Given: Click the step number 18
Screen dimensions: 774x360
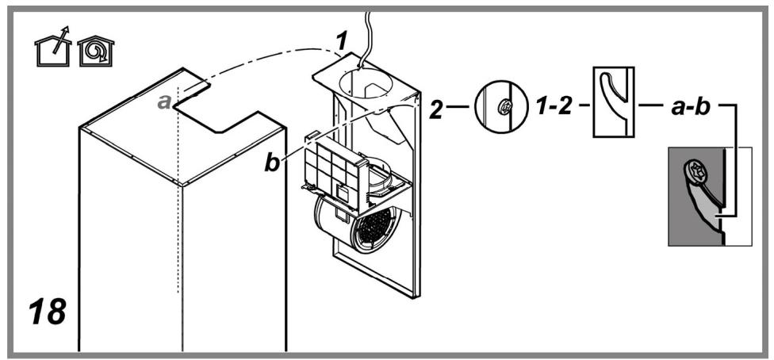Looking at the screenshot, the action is tap(48, 312).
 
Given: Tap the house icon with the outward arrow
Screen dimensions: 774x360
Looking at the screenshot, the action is tap(53, 48).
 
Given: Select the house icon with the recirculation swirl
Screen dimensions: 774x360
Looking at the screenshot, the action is tap(96, 52).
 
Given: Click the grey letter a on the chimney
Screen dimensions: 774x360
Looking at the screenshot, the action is tap(165, 101).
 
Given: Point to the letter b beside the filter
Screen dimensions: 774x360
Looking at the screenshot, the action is tap(272, 163).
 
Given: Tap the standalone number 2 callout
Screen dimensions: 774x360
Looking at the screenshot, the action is tap(436, 109).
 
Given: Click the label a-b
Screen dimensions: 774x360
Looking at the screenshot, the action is tap(691, 107).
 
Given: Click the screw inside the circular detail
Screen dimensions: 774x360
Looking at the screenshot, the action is tap(505, 106).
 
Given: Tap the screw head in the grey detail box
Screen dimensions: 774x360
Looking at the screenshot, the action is tap(695, 174).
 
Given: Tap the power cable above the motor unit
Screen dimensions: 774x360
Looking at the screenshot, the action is tap(366, 37).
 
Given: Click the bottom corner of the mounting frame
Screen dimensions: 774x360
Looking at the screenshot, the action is tap(413, 297).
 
